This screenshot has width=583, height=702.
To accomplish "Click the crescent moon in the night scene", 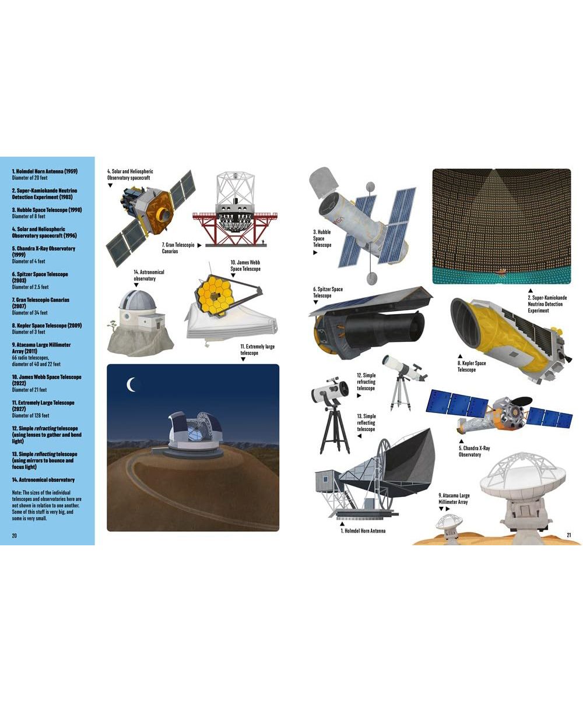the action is [129, 384].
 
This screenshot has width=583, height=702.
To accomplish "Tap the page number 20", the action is [14, 535].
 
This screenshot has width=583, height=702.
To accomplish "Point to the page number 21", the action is [568, 535].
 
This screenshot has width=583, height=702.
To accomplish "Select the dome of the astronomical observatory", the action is [138, 301].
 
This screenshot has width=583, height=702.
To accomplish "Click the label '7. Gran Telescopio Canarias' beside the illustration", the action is [178, 248].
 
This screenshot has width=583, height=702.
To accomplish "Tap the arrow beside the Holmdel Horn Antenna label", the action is [342, 524].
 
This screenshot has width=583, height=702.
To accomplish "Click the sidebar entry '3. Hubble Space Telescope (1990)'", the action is [47, 210].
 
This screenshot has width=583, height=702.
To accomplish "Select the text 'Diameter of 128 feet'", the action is [31, 415].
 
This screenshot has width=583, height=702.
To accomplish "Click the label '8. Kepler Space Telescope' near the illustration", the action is [471, 366].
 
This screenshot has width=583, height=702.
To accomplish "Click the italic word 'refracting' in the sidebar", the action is [45, 428].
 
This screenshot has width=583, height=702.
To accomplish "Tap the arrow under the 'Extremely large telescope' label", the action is [243, 359].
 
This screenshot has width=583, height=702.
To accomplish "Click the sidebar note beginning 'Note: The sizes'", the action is [47, 505].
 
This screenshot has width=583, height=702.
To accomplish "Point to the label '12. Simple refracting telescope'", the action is [366, 382].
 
